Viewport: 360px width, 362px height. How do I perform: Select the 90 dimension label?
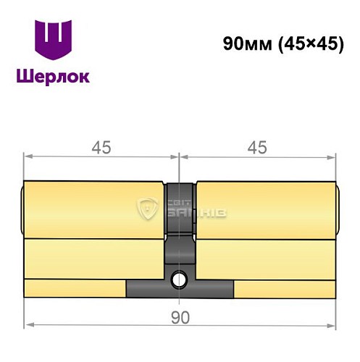[x=180, y=317]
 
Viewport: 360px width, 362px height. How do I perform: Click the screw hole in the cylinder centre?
[x=180, y=277]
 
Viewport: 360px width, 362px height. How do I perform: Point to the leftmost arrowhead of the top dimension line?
[x=28, y=156]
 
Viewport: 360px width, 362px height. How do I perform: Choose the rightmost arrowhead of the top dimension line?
[x=332, y=156]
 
